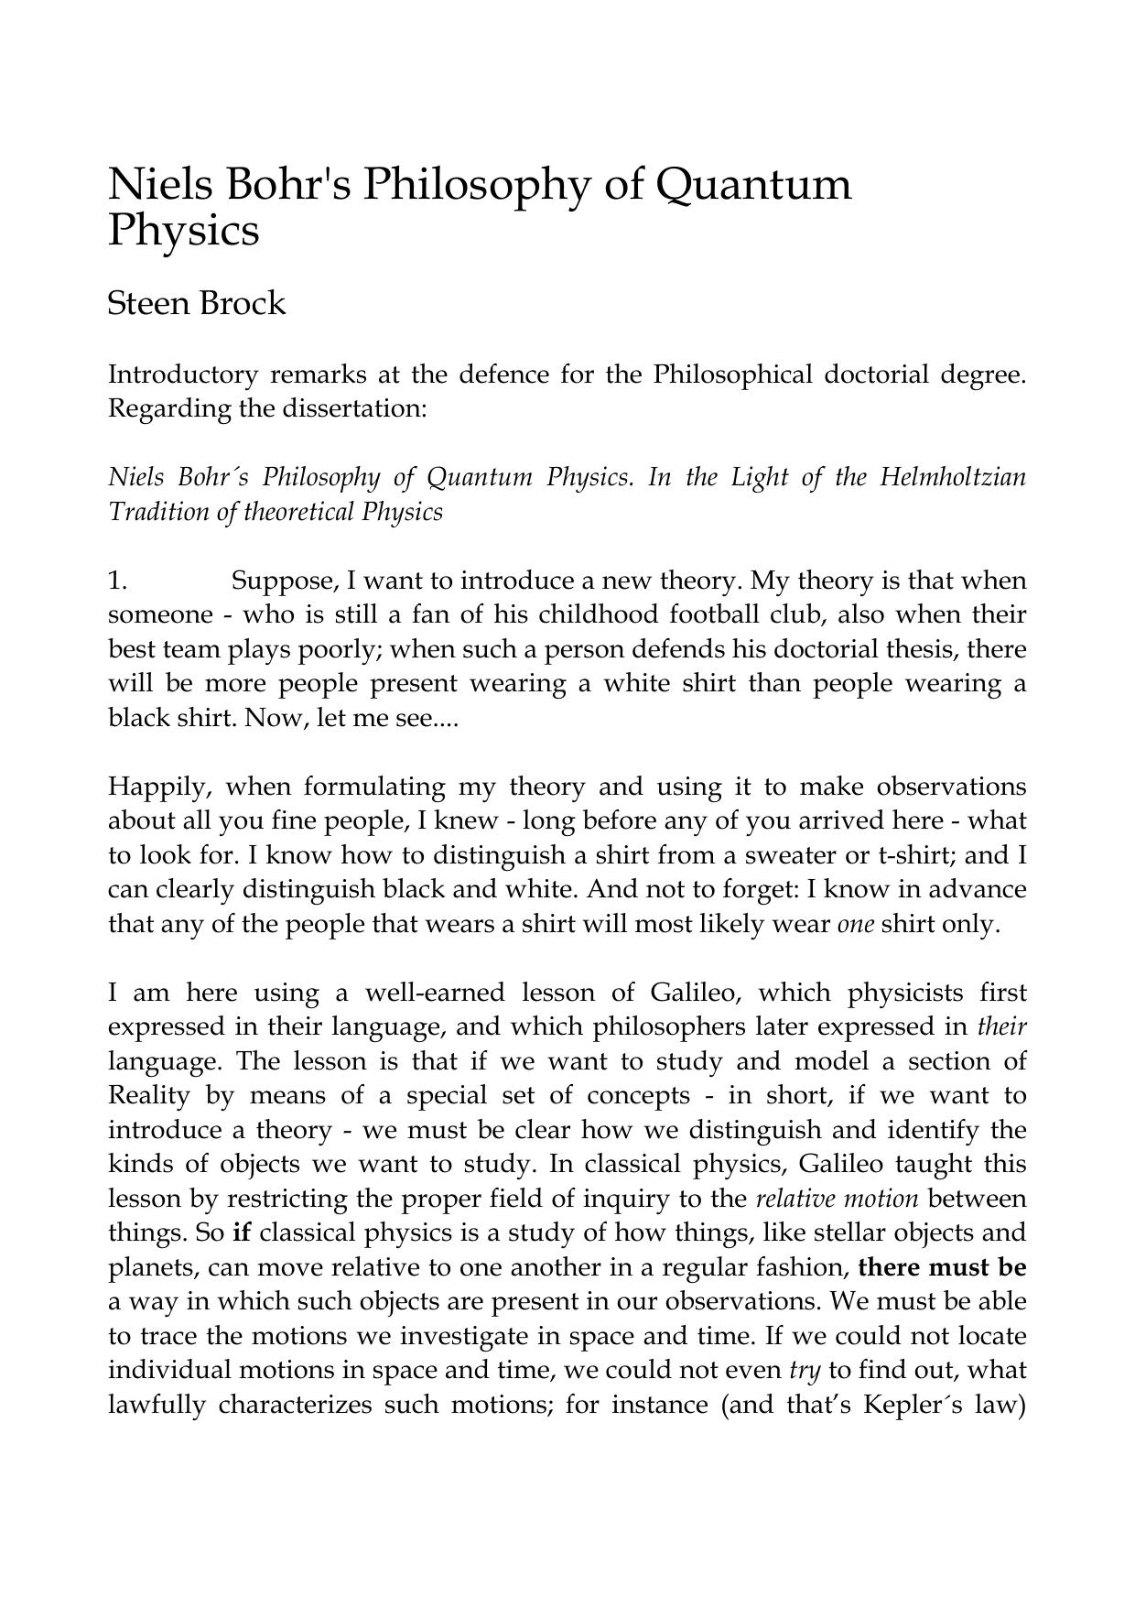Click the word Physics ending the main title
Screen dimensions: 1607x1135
click(x=183, y=231)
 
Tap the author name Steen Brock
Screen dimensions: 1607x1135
click(x=196, y=303)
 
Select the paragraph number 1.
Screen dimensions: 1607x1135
click(x=116, y=581)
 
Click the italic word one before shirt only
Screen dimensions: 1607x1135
click(x=856, y=925)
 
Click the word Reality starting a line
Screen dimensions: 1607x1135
click(x=149, y=1096)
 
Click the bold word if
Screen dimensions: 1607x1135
click(x=242, y=1233)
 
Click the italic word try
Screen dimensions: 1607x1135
click(x=804, y=1371)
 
